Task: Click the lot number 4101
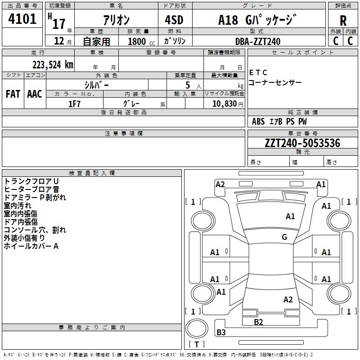22,19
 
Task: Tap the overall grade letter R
343,21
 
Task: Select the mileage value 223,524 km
53,65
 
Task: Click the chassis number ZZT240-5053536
302,143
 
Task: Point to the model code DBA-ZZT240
258,41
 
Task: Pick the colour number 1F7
74,104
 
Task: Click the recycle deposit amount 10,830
225,104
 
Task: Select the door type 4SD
174,20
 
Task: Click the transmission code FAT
13,94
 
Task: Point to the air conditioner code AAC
35,94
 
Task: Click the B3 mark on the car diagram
221,332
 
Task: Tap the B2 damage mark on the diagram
258,322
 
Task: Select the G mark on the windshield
284,237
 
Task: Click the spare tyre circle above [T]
197,328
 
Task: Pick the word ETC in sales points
258,72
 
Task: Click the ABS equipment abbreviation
258,121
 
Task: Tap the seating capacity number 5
188,85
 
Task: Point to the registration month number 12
59,41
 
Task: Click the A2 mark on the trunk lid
288,299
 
